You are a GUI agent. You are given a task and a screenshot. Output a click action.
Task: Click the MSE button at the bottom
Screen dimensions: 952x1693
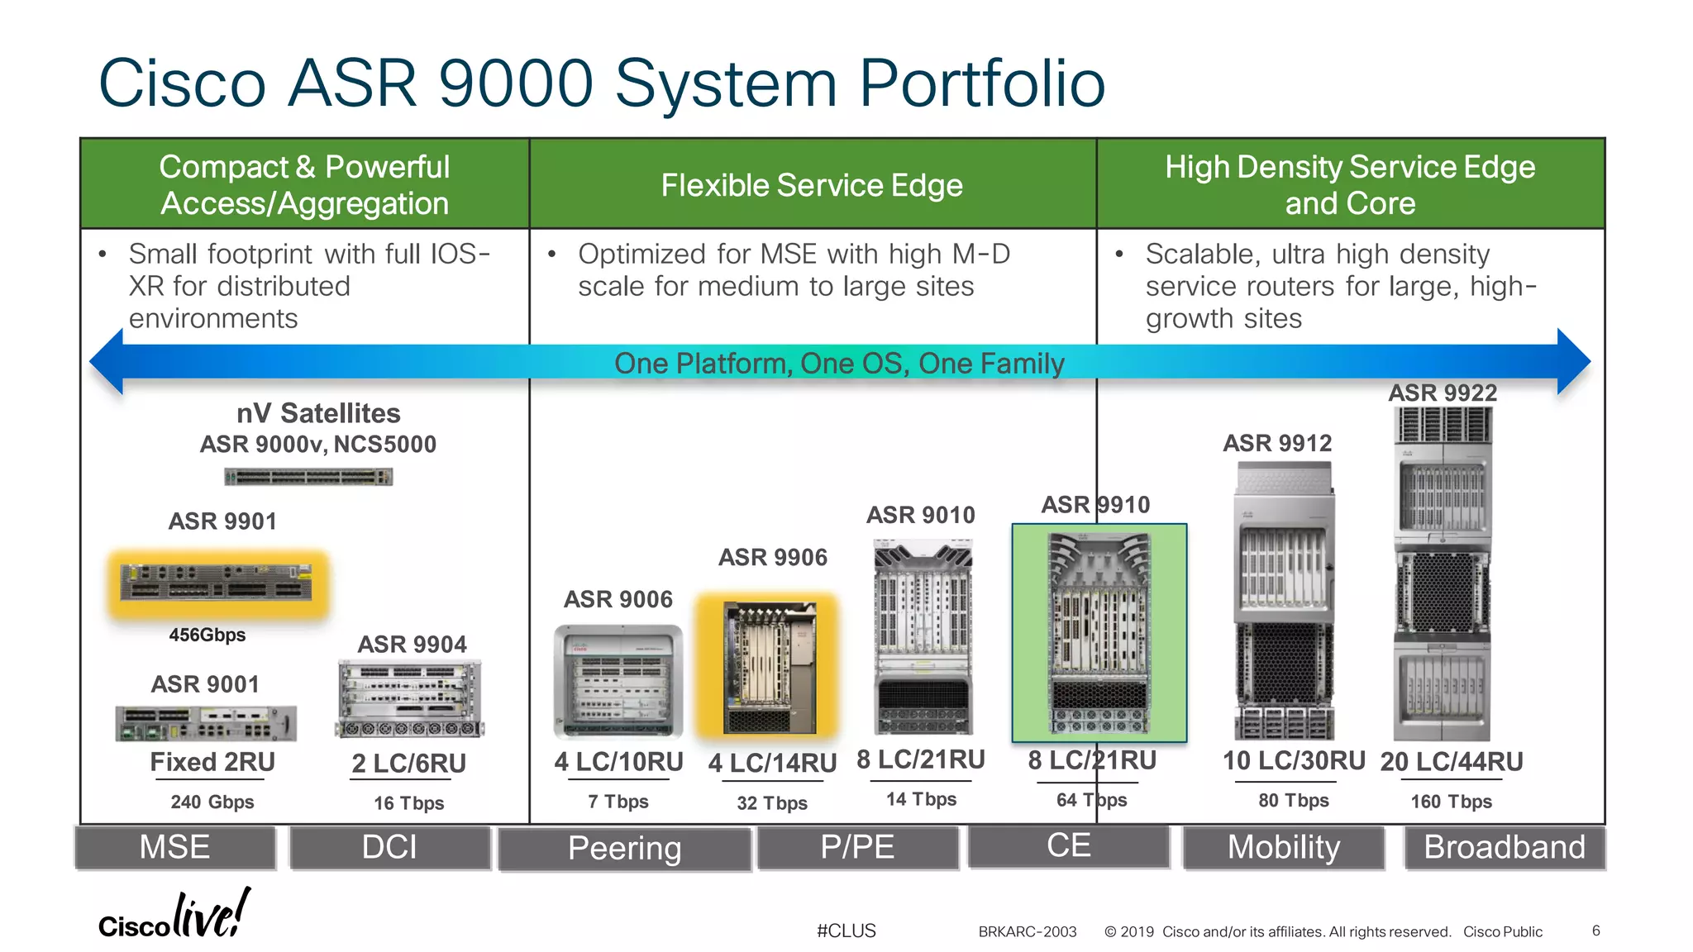coord(174,847)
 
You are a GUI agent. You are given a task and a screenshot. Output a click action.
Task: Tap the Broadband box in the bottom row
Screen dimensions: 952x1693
coord(1504,847)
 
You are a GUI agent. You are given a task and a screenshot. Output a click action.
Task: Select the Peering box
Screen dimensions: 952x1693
coord(624,849)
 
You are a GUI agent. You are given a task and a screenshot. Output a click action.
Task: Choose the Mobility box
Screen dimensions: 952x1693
coord(1283,847)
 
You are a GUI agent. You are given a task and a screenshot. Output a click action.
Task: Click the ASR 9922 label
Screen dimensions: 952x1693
coord(1443,393)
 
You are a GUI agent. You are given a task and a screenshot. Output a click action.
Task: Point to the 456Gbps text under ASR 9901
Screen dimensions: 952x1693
coord(207,635)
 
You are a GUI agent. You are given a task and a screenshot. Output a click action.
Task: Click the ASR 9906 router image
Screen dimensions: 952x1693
coord(770,668)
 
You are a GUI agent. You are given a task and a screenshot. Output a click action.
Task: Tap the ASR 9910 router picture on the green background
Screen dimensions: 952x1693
coord(1099,633)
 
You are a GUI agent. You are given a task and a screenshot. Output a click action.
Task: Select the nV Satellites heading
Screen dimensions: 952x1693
coord(318,413)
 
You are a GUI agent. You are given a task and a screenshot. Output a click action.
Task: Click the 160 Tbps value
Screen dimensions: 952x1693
coord(1451,802)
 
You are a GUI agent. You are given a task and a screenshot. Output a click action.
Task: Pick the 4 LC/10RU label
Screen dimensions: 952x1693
coord(618,761)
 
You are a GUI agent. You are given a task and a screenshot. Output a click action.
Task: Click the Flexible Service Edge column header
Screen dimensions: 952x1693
coord(812,185)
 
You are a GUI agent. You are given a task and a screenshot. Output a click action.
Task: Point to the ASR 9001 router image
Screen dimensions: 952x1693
coord(206,723)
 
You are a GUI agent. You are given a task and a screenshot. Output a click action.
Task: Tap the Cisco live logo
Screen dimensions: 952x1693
coord(174,916)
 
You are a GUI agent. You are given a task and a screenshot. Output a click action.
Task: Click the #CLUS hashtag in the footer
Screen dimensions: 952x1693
coord(846,931)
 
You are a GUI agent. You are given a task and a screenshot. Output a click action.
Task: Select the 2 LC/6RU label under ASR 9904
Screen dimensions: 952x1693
coord(408,763)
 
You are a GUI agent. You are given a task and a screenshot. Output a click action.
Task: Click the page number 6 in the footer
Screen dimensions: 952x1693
coord(1595,931)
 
